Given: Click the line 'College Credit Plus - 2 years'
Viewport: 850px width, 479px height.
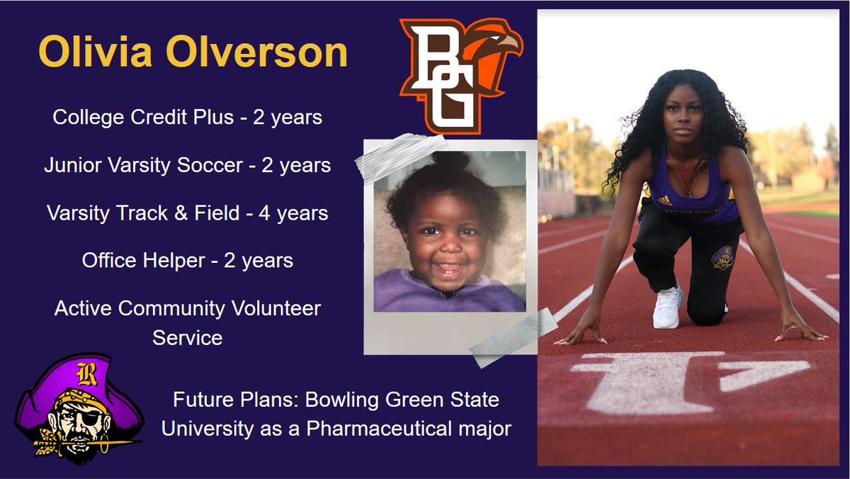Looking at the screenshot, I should point(187,117).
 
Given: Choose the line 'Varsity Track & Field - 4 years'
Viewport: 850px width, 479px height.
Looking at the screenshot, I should point(187,213).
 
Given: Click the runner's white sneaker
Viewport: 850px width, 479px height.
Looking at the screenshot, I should point(667,308).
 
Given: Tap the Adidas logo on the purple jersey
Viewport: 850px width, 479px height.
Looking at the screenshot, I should point(664,201).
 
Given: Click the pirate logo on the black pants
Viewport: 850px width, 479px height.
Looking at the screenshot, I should point(722,258).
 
